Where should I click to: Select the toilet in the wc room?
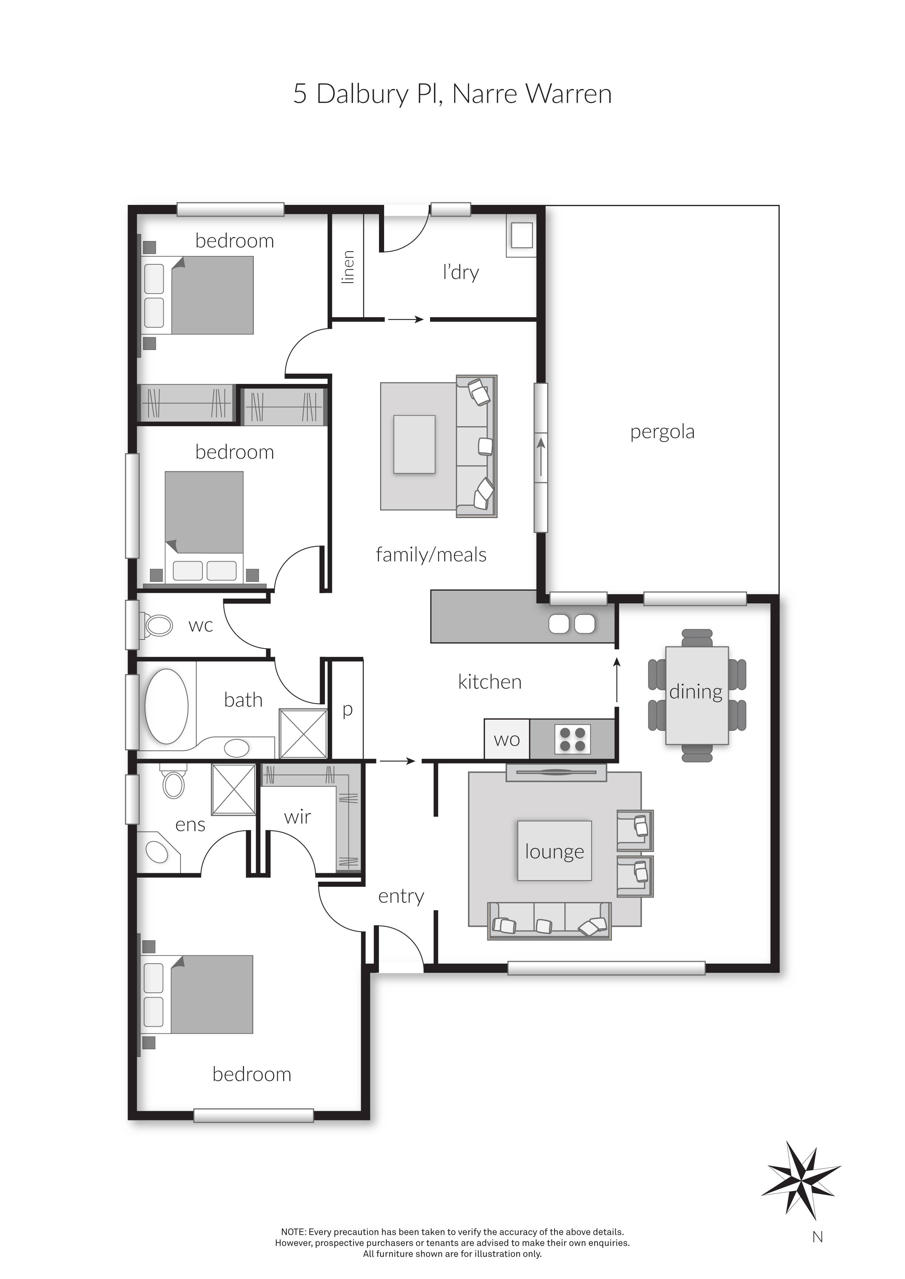click(x=157, y=625)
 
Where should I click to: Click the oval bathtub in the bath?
click(x=166, y=706)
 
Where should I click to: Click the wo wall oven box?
click(x=507, y=739)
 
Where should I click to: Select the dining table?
click(x=697, y=695)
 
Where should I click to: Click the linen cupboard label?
click(x=347, y=267)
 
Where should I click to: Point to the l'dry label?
click(x=461, y=272)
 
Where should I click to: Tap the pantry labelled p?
click(x=347, y=710)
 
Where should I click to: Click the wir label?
click(x=297, y=817)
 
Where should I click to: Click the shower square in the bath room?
click(x=303, y=734)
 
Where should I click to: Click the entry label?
click(x=401, y=896)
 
